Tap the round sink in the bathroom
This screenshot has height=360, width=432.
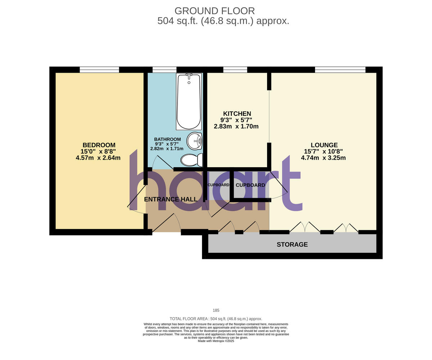point(194,141)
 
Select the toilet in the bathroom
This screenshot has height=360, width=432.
point(192,160)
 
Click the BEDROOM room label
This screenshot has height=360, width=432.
point(99,145)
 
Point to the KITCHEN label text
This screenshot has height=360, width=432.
point(237,114)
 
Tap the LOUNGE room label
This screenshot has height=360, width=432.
point(324,145)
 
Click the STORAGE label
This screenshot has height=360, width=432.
point(292,245)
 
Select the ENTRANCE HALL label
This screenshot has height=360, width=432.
point(171,199)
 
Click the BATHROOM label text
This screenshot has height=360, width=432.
point(167,139)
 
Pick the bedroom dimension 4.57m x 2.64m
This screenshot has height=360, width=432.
point(98,158)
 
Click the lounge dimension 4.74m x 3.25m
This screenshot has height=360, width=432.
point(323,158)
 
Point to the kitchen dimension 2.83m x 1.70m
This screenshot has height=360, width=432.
point(236,127)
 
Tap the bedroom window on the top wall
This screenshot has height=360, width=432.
point(99,70)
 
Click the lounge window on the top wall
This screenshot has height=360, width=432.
point(340,70)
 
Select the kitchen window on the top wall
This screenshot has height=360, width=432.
point(235,70)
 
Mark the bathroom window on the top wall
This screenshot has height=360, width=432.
point(165,70)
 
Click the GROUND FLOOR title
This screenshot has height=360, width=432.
point(215,11)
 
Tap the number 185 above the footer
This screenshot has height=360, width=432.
point(216,310)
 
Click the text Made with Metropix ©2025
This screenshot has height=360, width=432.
point(216,341)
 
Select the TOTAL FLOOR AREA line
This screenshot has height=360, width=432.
point(216,319)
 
